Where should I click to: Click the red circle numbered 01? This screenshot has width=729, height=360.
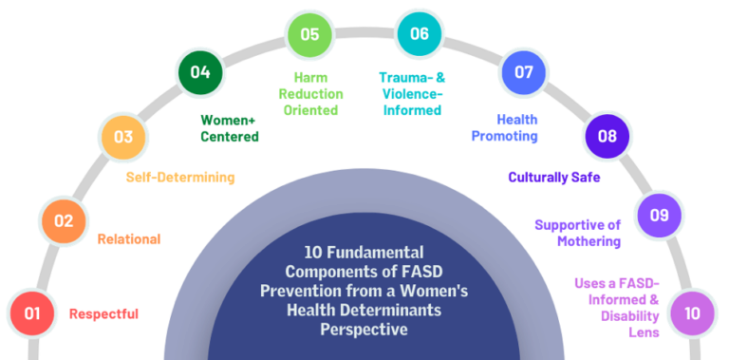tap(33, 313)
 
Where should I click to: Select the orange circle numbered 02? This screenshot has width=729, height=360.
tap(64, 221)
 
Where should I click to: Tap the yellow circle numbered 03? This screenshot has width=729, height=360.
tap(123, 137)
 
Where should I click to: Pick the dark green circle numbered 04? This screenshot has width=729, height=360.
tap(200, 72)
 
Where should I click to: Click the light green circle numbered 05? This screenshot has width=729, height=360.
tap(309, 34)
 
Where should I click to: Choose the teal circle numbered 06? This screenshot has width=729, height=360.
tap(420, 34)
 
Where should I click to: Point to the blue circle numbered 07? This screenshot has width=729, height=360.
tap(524, 72)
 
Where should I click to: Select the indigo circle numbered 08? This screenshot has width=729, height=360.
tap(607, 137)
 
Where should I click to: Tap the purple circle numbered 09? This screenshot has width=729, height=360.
tap(659, 216)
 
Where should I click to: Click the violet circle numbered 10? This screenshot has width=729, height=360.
tap(693, 313)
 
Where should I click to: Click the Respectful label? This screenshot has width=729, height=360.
tap(104, 313)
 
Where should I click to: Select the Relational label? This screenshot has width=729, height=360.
tap(129, 239)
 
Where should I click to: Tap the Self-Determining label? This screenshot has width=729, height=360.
tap(180, 177)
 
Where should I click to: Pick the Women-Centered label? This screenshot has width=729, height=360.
tap(229, 128)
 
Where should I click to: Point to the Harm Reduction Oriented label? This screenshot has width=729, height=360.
tap(310, 93)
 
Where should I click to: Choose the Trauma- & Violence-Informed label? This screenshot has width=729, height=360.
tap(412, 93)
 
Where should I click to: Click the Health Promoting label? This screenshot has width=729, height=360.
tap(505, 128)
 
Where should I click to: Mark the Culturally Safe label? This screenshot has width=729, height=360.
tap(553, 177)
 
